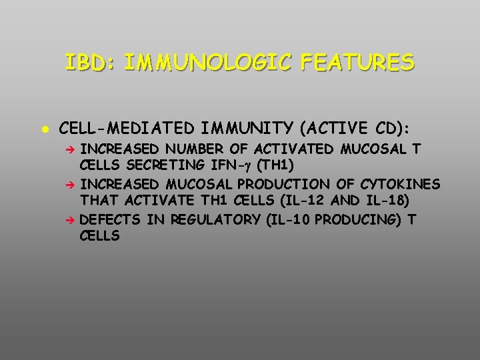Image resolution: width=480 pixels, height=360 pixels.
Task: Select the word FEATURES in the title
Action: [x=357, y=63]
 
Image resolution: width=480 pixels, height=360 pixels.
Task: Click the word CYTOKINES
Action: [x=400, y=184]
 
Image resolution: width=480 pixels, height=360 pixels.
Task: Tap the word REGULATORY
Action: [x=217, y=220]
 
